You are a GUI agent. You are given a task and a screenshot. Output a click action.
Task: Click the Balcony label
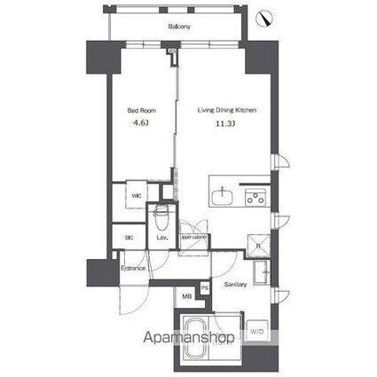180,27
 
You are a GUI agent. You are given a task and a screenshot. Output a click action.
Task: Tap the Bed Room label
141,111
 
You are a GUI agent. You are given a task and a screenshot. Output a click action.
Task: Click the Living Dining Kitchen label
226,111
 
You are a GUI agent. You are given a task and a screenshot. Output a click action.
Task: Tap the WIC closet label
137,196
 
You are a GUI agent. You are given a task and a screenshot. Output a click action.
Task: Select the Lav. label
162,238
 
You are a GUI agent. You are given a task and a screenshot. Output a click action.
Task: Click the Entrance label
133,267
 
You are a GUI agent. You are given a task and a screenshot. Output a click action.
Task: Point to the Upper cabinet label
193,238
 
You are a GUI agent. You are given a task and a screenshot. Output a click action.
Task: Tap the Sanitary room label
235,285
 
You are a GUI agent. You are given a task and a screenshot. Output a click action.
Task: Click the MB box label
187,296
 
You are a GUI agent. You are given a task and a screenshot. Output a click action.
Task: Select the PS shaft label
205,287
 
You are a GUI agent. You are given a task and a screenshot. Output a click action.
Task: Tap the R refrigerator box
257,247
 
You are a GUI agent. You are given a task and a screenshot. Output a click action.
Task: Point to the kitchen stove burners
256,197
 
